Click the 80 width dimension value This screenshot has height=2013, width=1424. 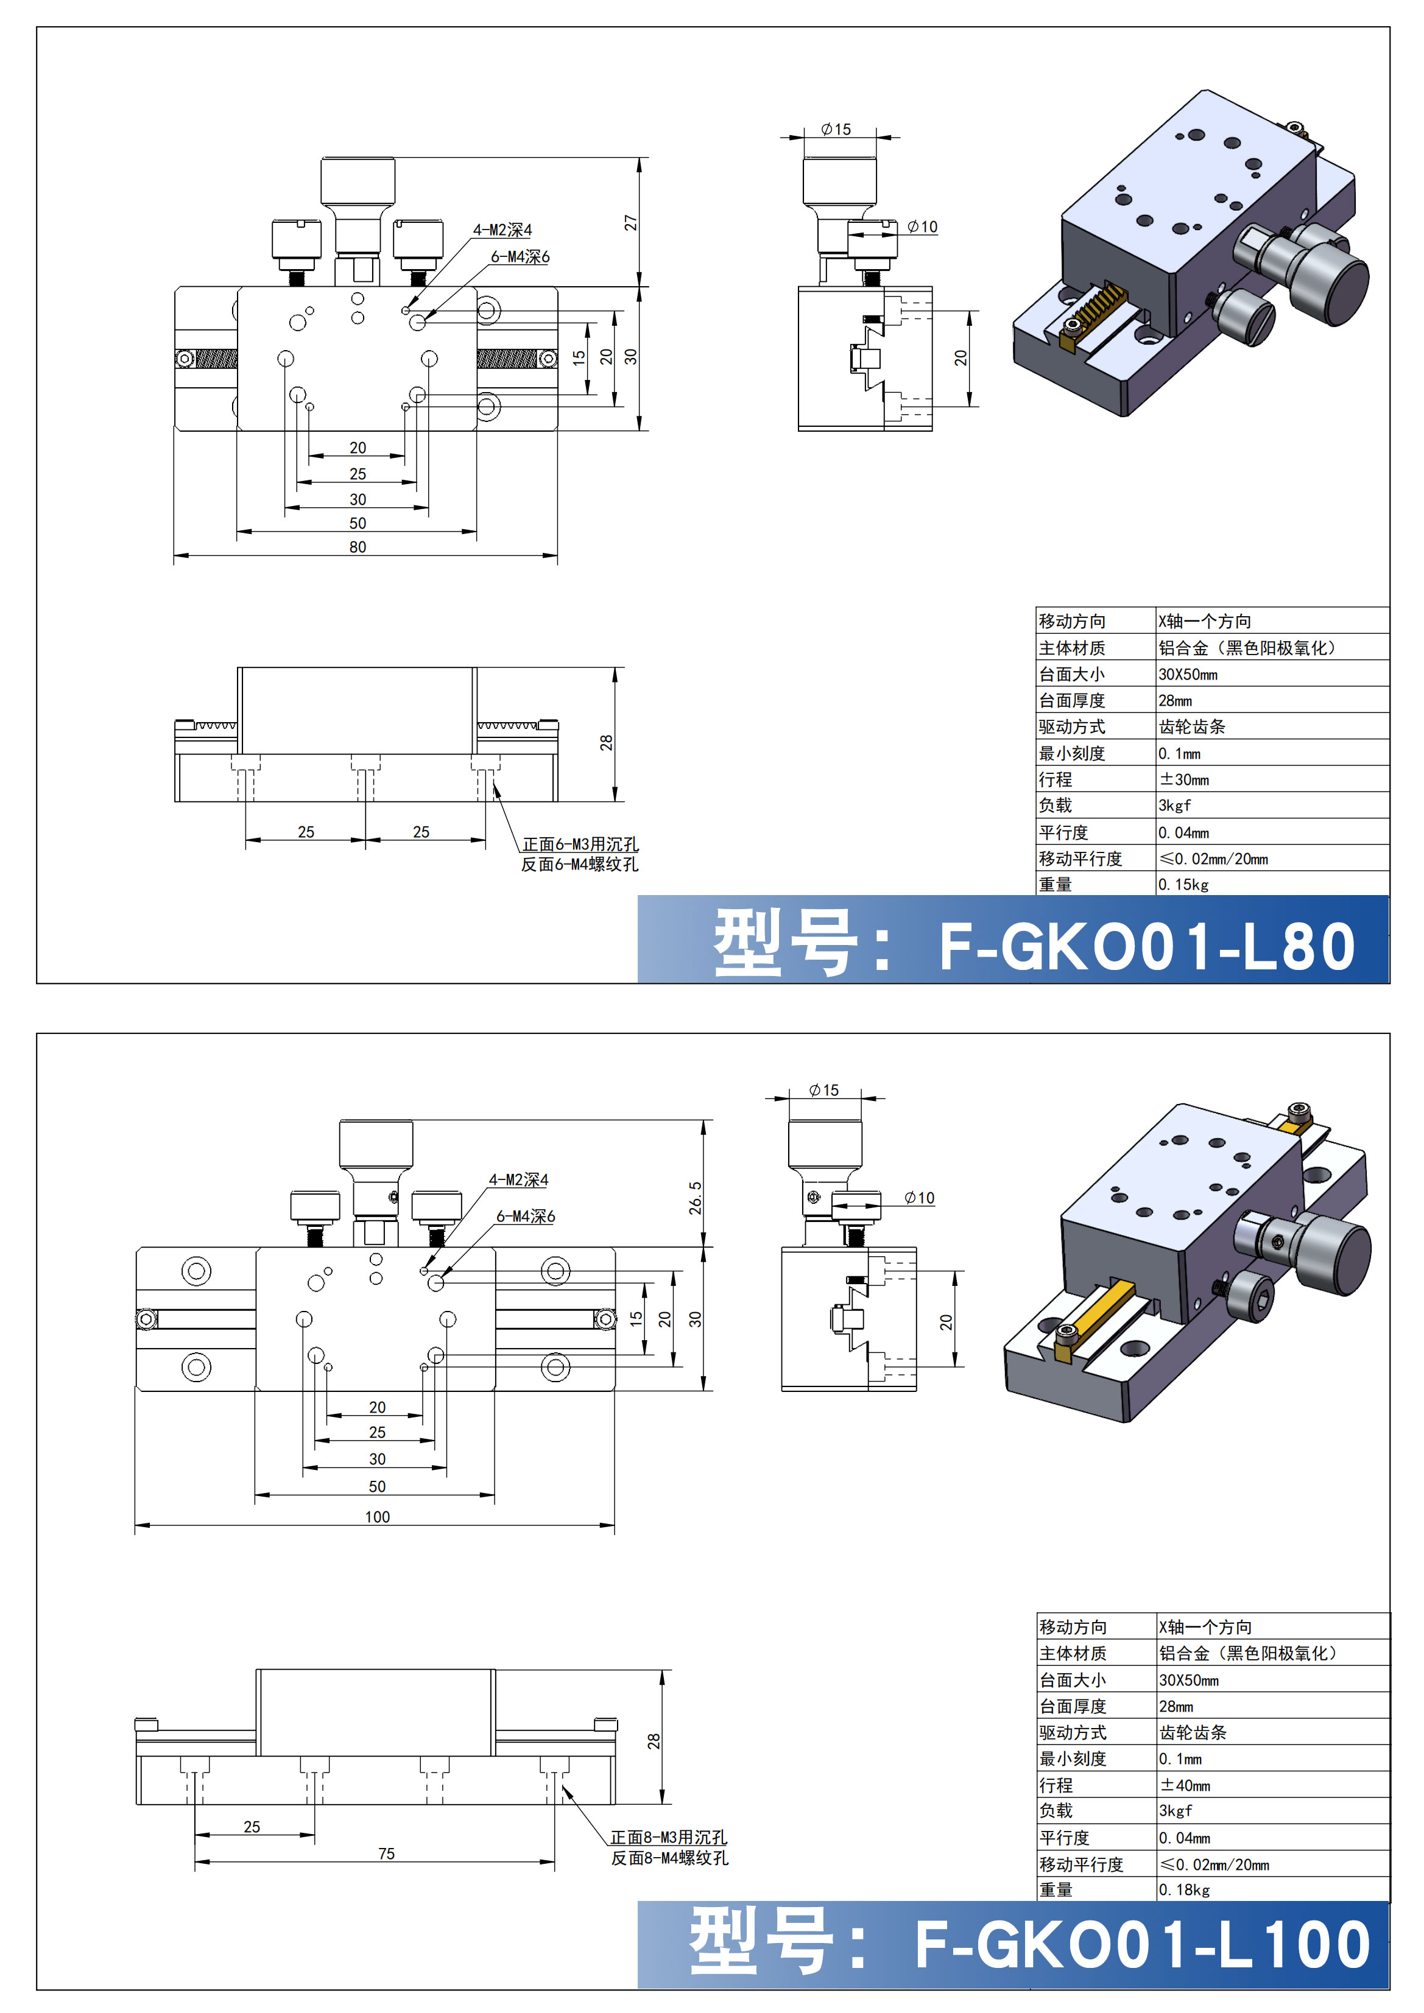tap(358, 547)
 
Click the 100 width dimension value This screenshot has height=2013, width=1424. tap(377, 1517)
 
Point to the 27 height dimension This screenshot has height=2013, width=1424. tap(630, 223)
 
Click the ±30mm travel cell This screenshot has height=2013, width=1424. tap(1184, 779)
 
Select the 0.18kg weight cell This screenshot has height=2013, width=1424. tap(1184, 1890)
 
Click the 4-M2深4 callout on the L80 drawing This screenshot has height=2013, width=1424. tap(502, 230)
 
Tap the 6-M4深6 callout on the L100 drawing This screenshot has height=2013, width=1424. tap(525, 1216)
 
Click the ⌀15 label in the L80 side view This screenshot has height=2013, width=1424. tap(836, 130)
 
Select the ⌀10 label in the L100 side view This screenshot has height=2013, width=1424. tap(920, 1198)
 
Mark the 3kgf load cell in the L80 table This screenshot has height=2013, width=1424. tap(1175, 806)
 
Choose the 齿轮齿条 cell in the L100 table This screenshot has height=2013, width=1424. tap(1193, 1732)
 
